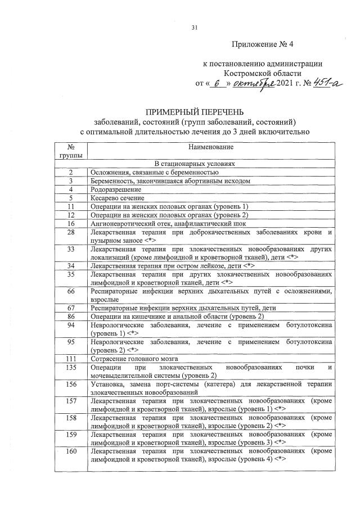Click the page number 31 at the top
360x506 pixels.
pyautogui.click(x=195, y=27)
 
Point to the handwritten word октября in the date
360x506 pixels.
pyautogui.click(x=253, y=83)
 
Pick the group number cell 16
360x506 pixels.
pyautogui.click(x=71, y=223)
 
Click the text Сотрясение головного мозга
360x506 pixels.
pyautogui.click(x=134, y=358)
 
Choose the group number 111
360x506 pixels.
pyautogui.click(x=71, y=358)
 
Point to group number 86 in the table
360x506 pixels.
pyautogui.click(x=71, y=317)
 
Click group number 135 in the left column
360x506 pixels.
pyautogui.click(x=71, y=367)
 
